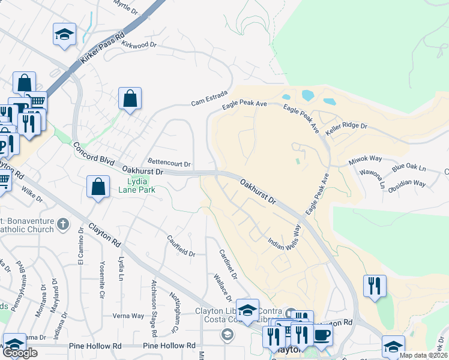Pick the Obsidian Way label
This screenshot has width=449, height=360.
tap(407, 182)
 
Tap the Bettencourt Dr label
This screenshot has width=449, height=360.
tap(169, 163)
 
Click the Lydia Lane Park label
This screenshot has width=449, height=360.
tap(140, 185)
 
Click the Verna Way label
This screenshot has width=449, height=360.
tap(129, 316)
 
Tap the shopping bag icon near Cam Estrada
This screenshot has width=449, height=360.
tap(130, 98)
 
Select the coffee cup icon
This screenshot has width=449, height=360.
tap(322, 335)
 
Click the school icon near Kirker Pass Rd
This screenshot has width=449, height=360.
tap(64, 34)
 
